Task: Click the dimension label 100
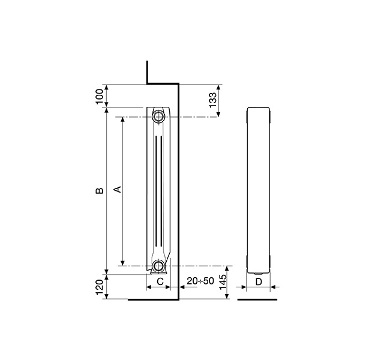(100, 96)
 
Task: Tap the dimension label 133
(212, 100)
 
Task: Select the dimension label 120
(100, 287)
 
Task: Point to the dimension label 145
(223, 282)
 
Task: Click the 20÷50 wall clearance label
(200, 281)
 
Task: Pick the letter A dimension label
(118, 190)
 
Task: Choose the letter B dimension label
(100, 191)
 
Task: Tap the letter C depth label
(160, 281)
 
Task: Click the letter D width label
(259, 282)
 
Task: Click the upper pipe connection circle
(158, 117)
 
